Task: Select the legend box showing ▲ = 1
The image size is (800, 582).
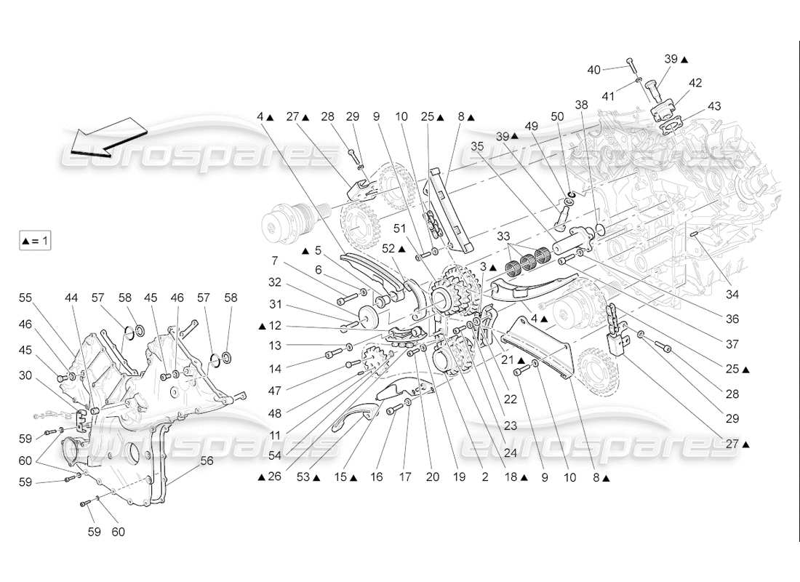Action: [35, 240]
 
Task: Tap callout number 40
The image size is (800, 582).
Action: [594, 69]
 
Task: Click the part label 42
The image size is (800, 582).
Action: [695, 83]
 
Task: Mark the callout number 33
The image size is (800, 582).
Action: [503, 236]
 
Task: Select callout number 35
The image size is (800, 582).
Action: [476, 145]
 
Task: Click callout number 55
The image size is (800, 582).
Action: [26, 298]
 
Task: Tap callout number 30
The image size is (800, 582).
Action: [26, 375]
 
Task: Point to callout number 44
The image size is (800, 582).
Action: [71, 298]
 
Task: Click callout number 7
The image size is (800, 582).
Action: [274, 260]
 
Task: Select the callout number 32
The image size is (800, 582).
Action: [274, 282]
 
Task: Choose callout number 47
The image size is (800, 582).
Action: [274, 391]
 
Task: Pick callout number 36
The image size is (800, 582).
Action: [732, 319]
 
